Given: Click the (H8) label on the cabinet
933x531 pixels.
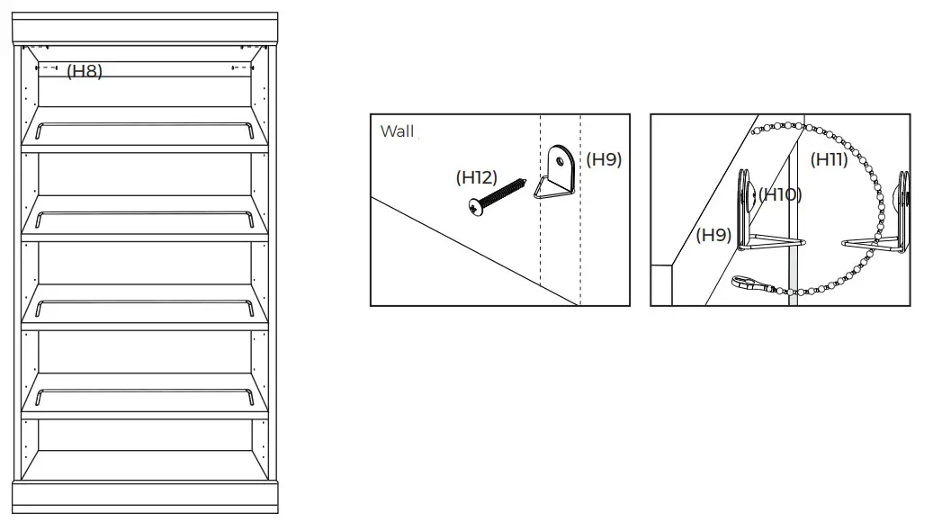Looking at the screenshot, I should click(85, 72).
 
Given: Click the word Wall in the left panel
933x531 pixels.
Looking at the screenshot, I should click(397, 131).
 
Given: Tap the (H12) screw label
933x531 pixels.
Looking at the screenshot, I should click(476, 177).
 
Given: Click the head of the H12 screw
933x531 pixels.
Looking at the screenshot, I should click(475, 208).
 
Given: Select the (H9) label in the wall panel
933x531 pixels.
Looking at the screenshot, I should click(604, 160).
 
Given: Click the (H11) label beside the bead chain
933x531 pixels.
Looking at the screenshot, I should click(829, 160).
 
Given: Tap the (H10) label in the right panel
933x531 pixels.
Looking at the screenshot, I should click(779, 194).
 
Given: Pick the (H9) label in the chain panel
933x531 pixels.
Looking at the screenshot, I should click(713, 235).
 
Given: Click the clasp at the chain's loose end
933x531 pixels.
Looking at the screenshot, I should click(746, 283).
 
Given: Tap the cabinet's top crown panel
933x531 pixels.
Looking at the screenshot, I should click(145, 28).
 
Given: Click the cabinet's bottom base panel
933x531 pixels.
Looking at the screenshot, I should click(145, 495).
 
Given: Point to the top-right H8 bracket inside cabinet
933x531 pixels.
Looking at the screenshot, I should click(241, 67).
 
